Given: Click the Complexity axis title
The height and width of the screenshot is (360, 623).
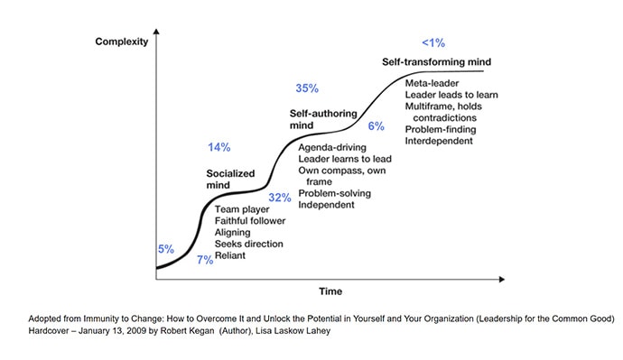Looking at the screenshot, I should pyautogui.click(x=123, y=42).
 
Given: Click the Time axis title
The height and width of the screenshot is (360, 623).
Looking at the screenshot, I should pyautogui.click(x=330, y=291).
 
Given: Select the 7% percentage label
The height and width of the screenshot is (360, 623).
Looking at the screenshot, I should pyautogui.click(x=205, y=260).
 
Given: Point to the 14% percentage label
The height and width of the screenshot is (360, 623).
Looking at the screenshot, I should pyautogui.click(x=219, y=147).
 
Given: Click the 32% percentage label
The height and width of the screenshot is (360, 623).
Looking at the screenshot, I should pyautogui.click(x=280, y=197).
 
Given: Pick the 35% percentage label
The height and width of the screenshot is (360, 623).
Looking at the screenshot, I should pyautogui.click(x=308, y=88).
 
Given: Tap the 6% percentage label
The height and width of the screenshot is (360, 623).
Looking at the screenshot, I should pyautogui.click(x=377, y=125).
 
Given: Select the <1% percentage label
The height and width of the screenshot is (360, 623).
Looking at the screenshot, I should pyautogui.click(x=432, y=42).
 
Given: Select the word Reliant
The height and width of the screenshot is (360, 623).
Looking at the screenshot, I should pyautogui.click(x=230, y=255).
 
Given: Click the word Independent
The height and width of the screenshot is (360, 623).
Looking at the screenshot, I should pyautogui.click(x=326, y=205).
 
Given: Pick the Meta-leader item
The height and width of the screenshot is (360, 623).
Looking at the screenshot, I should pyautogui.click(x=432, y=83).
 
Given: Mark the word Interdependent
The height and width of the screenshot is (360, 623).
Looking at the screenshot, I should pyautogui.click(x=441, y=142).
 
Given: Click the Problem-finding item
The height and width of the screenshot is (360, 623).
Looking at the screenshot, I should pyautogui.click(x=442, y=130).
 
